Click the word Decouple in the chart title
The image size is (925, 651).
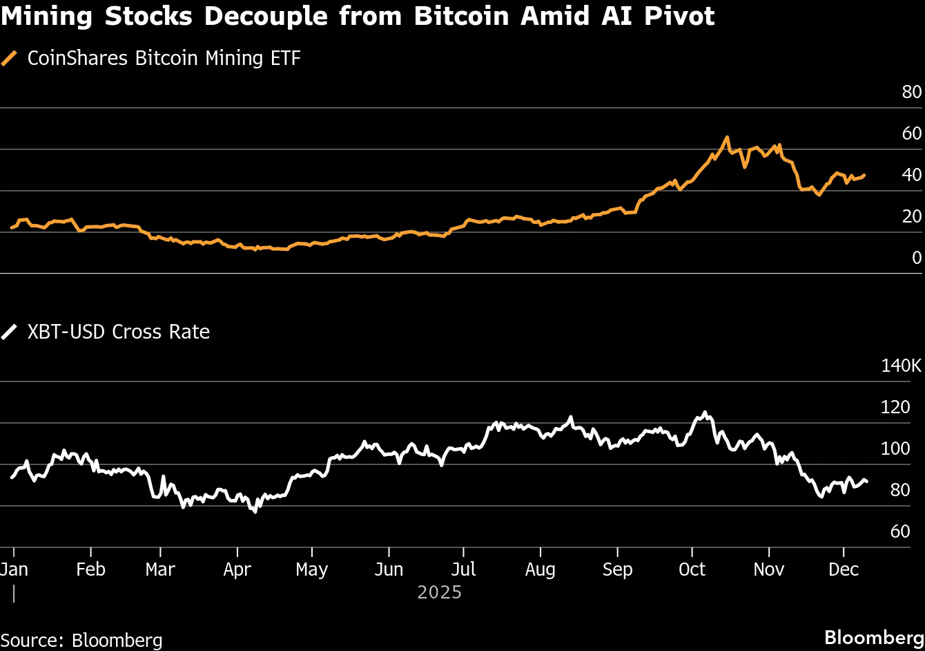(x=255, y=17)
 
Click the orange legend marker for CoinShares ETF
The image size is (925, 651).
(x=10, y=59)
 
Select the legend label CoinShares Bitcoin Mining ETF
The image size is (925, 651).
(x=164, y=59)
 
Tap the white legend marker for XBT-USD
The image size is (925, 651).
(x=10, y=332)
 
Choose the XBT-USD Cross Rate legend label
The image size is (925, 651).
(x=118, y=332)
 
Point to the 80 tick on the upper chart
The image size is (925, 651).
(x=911, y=92)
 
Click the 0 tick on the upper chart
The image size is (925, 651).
(x=916, y=258)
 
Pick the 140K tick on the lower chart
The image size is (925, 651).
(x=901, y=366)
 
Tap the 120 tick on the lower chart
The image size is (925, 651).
(x=906, y=407)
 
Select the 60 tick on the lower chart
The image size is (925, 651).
(x=910, y=531)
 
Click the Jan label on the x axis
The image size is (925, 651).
(x=14, y=569)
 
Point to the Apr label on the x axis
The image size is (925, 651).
(x=237, y=569)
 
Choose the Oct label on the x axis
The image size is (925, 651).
(x=692, y=569)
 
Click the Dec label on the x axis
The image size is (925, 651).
(x=844, y=569)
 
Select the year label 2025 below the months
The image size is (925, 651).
(x=439, y=593)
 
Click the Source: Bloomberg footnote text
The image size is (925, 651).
(x=81, y=640)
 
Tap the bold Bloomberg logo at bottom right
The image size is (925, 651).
(x=874, y=637)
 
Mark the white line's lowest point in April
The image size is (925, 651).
(x=255, y=511)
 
